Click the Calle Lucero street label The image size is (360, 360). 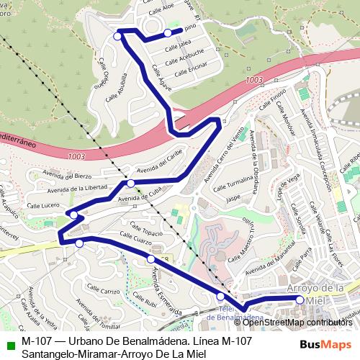click(40, 206)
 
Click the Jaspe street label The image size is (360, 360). click(233, 197)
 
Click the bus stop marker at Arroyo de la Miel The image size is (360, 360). click(301, 297)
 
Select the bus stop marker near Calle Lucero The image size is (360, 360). click(73, 215)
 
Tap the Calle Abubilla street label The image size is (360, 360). click(117, 86)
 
